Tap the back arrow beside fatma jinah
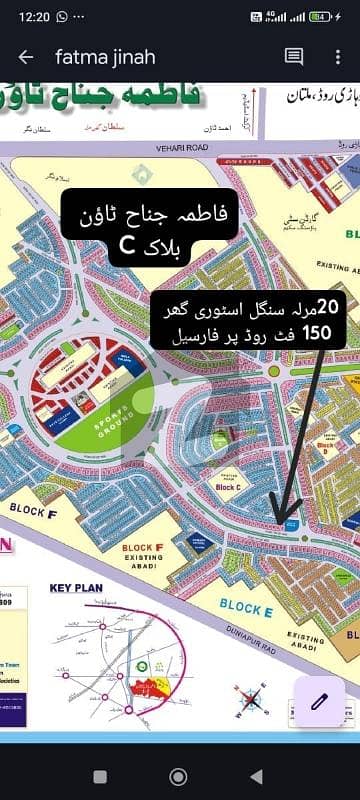(x=26, y=58)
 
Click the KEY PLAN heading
(x=77, y=591)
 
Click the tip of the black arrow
(x=283, y=524)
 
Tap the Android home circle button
(x=180, y=776)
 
